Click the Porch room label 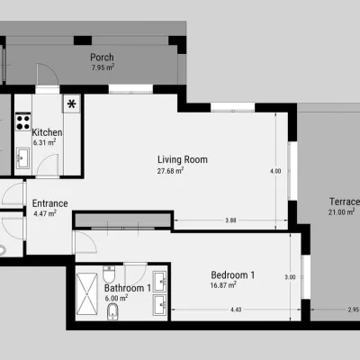(102, 58)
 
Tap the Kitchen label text (47, 132)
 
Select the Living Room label (183, 159)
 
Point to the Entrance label (49, 203)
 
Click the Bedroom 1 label (233, 274)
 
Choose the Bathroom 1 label (128, 288)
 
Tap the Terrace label (345, 202)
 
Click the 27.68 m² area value (170, 171)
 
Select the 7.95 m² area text (103, 67)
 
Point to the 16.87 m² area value (223, 285)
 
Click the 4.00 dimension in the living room (275, 171)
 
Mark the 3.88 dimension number (230, 220)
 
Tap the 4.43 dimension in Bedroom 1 (236, 310)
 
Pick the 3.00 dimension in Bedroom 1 (290, 277)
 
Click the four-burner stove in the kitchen (23, 121)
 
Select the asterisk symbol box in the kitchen (72, 103)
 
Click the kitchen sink (22, 157)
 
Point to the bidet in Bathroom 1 (112, 311)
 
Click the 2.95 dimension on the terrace (354, 310)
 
